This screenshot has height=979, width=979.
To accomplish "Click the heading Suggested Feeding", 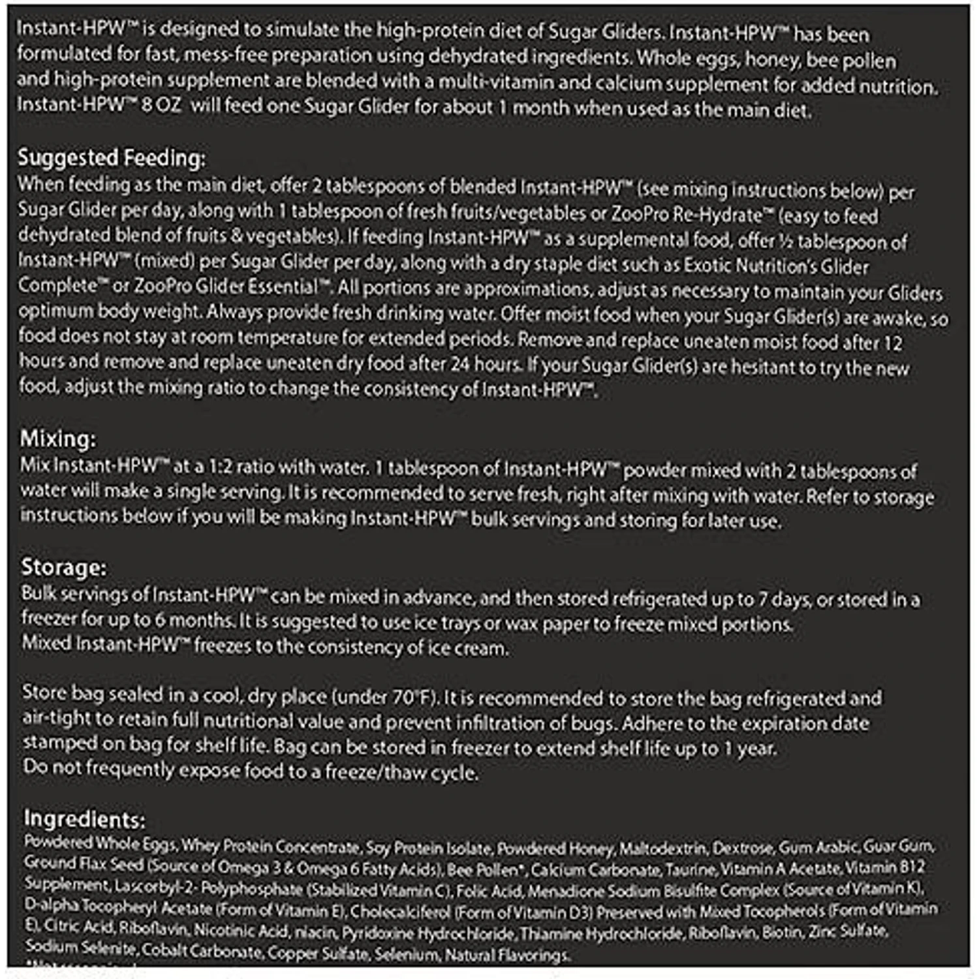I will coord(111,158).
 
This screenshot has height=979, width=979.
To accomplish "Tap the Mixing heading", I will coord(57,439).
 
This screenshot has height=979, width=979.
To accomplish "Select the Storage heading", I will coord(63,567).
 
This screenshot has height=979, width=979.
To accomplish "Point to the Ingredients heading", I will coord(84,819).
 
